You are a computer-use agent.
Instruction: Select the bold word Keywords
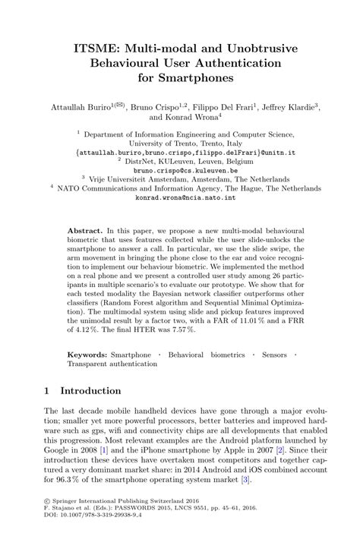coord(87,355)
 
